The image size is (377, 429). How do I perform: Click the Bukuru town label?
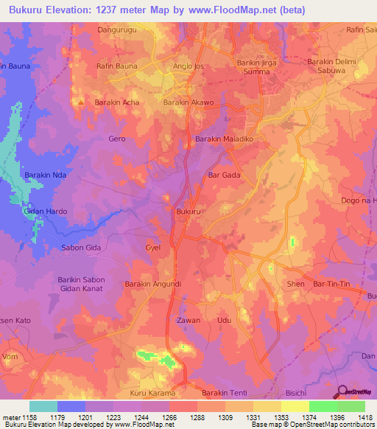click(x=188, y=212)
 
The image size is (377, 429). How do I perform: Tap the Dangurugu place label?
click(x=117, y=30)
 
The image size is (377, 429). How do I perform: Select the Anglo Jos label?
click(x=188, y=66)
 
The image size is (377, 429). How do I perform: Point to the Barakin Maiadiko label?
click(x=224, y=139)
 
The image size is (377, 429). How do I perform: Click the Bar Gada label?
click(x=225, y=175)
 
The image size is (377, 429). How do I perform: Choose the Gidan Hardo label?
click(x=46, y=212)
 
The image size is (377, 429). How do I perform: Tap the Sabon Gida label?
click(x=81, y=248)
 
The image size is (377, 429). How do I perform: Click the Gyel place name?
click(x=153, y=248)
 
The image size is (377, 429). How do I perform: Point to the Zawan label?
click(x=188, y=321)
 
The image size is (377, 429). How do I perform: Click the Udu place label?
click(x=225, y=321)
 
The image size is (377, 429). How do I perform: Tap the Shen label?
click(x=296, y=284)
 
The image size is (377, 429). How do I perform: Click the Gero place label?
click(x=117, y=139)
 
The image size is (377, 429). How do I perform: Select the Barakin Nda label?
click(x=46, y=175)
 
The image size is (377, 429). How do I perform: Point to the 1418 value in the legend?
click(x=364, y=418)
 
